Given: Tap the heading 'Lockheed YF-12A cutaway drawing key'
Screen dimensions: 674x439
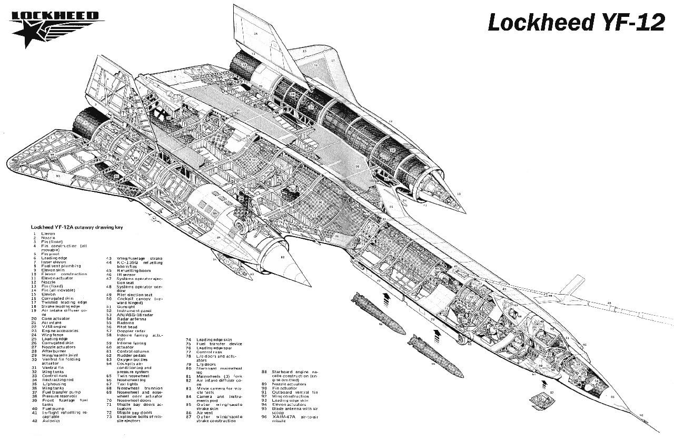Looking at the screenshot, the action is (77, 227).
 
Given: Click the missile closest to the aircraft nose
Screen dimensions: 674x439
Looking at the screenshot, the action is (435, 356).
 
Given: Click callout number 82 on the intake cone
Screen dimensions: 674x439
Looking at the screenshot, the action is (282, 257).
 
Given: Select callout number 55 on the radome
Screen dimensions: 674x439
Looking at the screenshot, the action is (612, 396).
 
